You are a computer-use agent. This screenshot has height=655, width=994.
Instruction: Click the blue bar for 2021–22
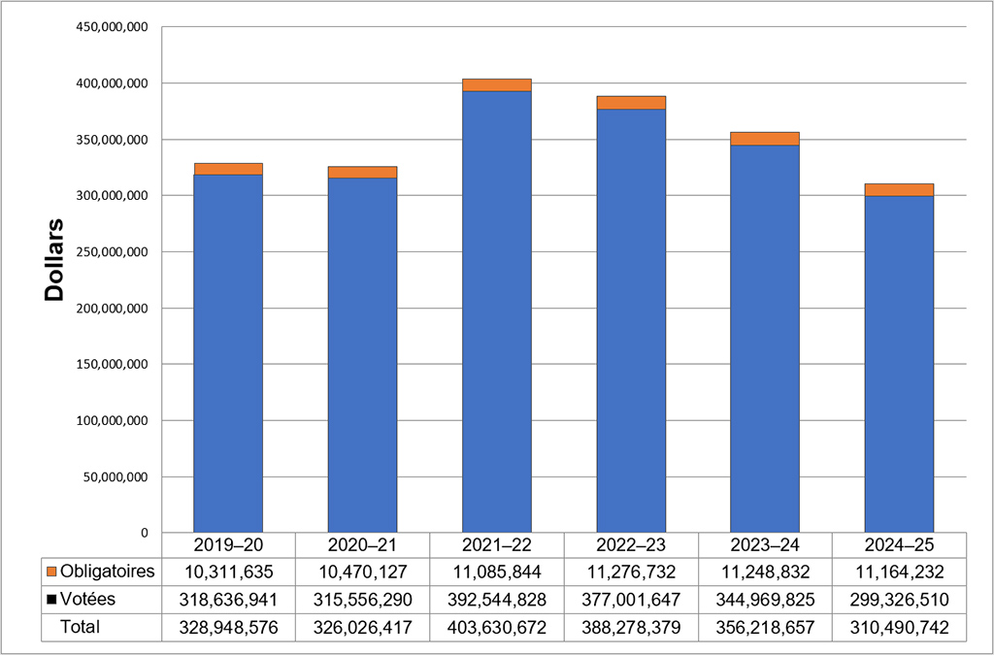(497, 311)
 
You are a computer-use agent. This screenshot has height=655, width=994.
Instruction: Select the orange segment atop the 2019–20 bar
(228, 169)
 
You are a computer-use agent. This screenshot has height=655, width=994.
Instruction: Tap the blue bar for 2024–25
(899, 364)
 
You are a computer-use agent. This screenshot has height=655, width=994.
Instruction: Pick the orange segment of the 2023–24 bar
(765, 139)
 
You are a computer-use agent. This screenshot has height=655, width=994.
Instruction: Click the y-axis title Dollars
(54, 259)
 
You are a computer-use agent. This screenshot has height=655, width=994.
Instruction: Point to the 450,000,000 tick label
(111, 27)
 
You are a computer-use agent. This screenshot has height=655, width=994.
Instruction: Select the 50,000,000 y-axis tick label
(115, 477)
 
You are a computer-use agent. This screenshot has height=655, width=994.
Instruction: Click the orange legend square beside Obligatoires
(52, 570)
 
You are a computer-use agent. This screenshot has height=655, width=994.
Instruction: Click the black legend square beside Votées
(52, 599)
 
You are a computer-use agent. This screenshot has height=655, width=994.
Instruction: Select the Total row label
(81, 627)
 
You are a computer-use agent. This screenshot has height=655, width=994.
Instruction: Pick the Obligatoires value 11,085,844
(497, 570)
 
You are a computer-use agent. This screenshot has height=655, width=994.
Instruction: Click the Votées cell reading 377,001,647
(631, 599)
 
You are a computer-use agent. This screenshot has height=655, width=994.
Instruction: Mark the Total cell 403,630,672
(497, 627)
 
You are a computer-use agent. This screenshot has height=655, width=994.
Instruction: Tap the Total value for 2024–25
(899, 627)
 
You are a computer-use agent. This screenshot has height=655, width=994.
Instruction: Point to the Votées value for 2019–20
(228, 599)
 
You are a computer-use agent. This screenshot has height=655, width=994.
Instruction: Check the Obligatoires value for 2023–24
(765, 570)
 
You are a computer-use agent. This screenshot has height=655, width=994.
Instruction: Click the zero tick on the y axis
(143, 533)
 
